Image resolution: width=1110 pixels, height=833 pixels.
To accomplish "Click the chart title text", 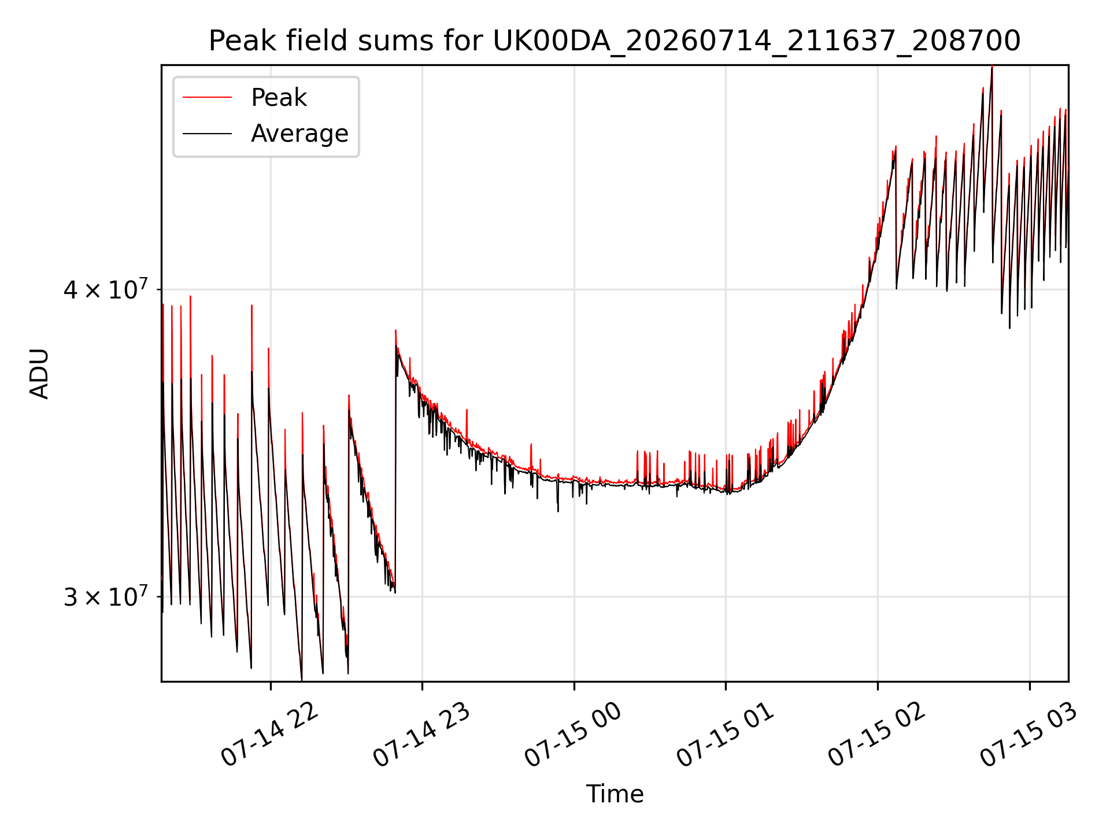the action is (615, 41).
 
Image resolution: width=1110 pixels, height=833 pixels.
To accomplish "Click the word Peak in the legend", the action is (279, 98).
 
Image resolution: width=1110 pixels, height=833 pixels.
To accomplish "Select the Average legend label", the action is (299, 134).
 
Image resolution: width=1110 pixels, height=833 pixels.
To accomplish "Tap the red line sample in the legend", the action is (207, 98).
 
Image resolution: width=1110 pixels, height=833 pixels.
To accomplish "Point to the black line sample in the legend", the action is (207, 134).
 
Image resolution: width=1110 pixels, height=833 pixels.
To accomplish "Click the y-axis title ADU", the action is (39, 374).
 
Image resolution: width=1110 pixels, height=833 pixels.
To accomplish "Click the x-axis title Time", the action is (615, 794).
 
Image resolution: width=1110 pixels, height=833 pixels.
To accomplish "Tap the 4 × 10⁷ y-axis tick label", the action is (106, 289).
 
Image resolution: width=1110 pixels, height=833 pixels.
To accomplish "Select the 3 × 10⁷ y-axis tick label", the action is (106, 596).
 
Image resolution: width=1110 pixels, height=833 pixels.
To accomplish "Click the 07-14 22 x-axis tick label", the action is (269, 735).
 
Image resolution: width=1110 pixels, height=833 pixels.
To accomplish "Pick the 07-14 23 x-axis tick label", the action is (421, 735).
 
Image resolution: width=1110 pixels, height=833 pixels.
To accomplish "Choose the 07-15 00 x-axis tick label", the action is (573, 735).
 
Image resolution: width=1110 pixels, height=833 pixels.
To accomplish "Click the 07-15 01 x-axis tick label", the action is (725, 735).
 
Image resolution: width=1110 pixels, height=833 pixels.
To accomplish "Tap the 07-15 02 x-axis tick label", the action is (877, 735).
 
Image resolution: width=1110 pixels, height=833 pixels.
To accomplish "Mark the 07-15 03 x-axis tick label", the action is (1029, 735).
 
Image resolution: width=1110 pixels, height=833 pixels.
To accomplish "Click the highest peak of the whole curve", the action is (992, 67).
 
